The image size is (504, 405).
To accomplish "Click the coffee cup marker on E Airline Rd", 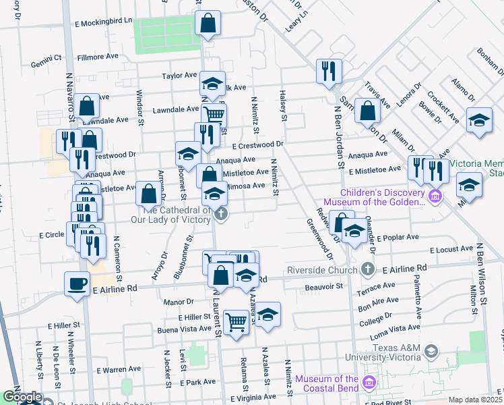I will pyautogui.click(x=77, y=283).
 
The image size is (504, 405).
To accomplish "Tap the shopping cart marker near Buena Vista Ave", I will pyautogui.click(x=236, y=322).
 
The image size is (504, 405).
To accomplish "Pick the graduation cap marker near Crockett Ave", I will pyautogui.click(x=479, y=121).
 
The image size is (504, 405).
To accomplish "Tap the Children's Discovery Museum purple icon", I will pyautogui.click(x=435, y=196).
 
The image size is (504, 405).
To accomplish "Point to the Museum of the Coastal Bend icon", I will pyautogui.click(x=368, y=383).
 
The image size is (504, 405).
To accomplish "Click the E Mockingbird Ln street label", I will pyautogui.click(x=102, y=22).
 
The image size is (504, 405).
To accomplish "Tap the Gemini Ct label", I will pyautogui.click(x=46, y=65).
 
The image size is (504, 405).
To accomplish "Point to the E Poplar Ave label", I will pyautogui.click(x=398, y=238).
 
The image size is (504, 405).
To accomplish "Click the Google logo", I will pyautogui.click(x=22, y=397).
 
